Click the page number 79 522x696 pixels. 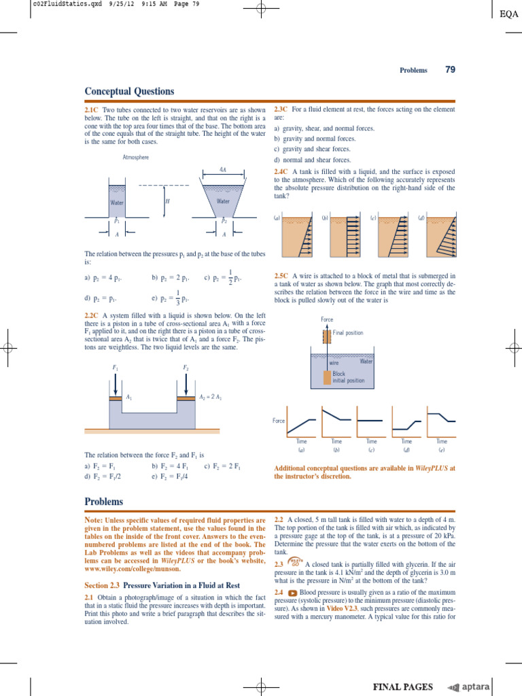[449, 69]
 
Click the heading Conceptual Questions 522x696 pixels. [129, 91]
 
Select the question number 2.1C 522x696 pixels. [92, 109]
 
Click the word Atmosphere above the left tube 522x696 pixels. [135, 157]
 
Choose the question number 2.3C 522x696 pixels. [281, 109]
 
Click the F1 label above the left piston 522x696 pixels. [114, 367]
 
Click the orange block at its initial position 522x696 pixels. [327, 377]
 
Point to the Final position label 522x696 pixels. [348, 333]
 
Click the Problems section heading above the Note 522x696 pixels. [104, 502]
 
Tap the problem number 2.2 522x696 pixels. [279, 519]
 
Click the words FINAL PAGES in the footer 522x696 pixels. [402, 687]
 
